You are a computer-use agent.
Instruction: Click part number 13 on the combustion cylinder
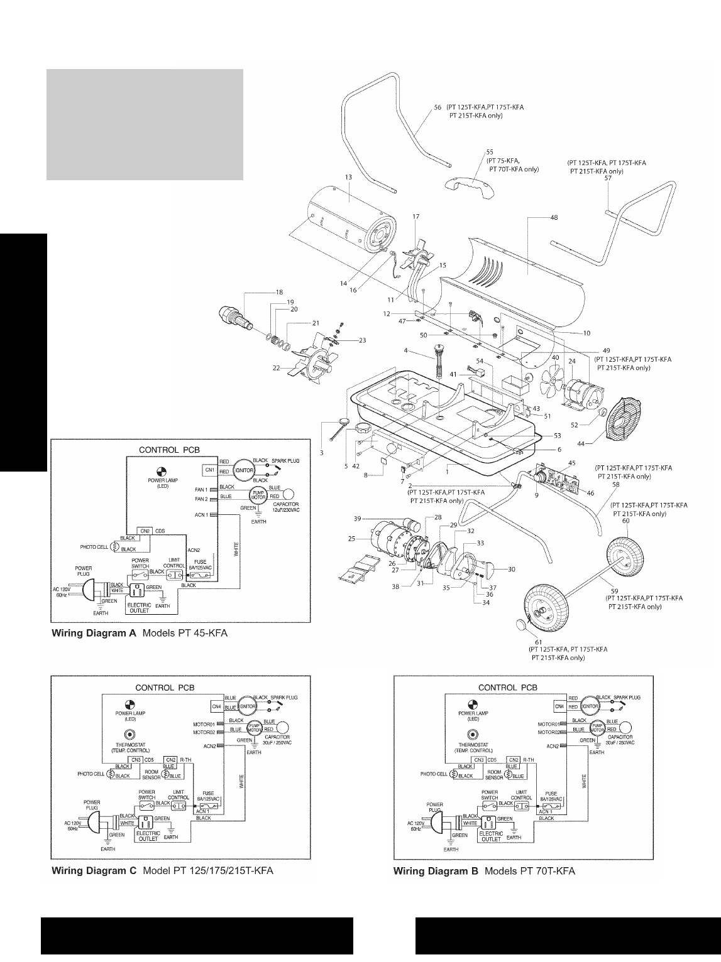[x=348, y=177]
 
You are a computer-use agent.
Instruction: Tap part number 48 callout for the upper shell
[x=554, y=217]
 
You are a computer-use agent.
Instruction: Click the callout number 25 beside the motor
[x=351, y=538]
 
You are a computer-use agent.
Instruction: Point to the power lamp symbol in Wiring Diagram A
[x=162, y=473]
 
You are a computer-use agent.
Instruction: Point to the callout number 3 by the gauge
[x=322, y=453]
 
